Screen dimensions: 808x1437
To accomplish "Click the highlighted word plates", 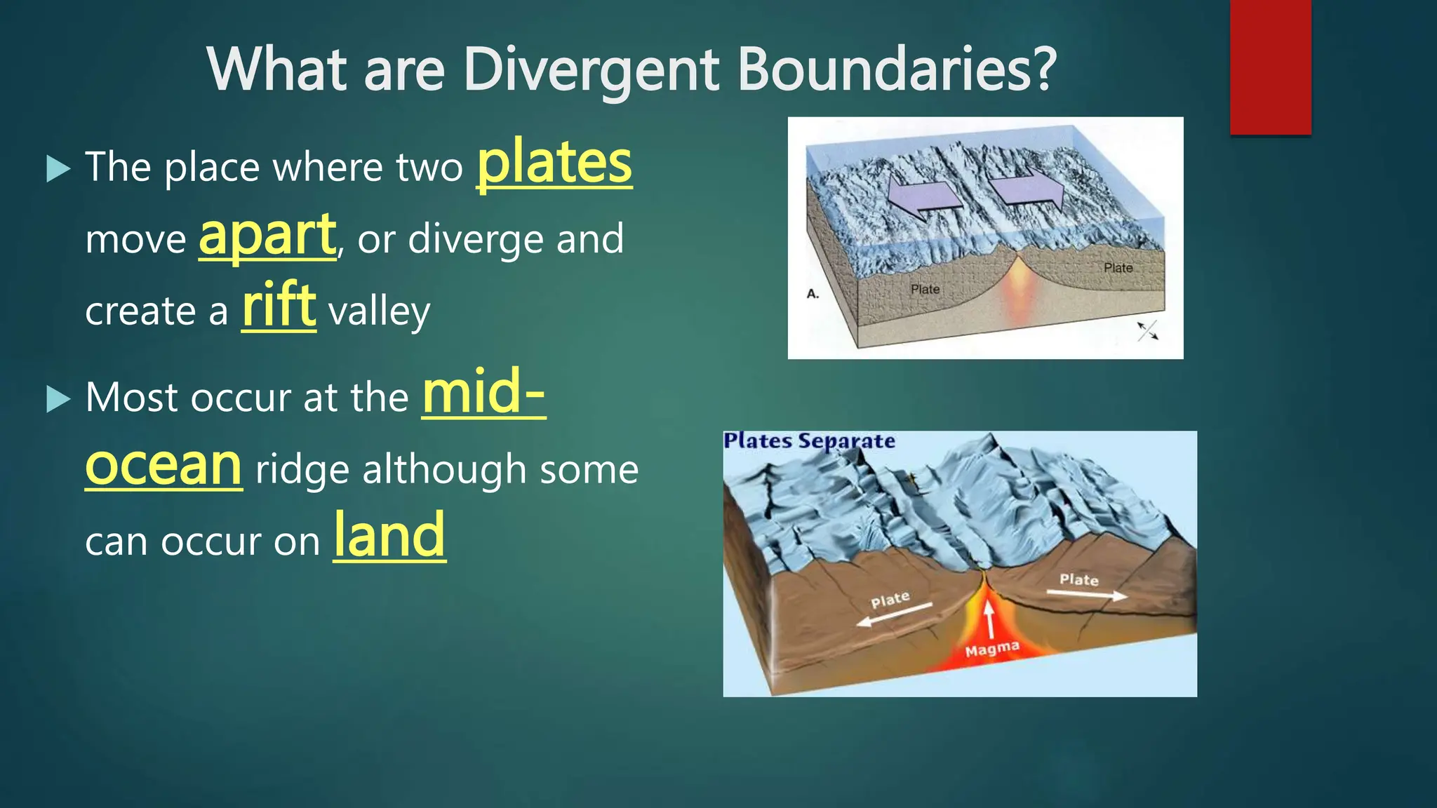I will tap(554, 164).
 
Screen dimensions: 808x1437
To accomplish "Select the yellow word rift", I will tap(279, 306).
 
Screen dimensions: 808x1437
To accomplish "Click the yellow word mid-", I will tap(483, 393).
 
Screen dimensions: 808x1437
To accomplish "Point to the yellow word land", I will tap(389, 536).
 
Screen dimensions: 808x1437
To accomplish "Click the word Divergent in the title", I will tap(591, 69).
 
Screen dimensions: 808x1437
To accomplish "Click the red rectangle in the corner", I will tap(1270, 67).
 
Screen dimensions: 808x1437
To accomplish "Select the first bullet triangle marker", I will tap(58, 168).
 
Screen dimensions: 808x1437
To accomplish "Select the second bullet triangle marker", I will tap(58, 399).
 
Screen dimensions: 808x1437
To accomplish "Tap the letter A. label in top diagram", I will tap(813, 294).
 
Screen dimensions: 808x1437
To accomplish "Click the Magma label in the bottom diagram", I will tap(991, 649).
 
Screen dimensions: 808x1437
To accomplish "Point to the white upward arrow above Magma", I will tap(989, 618).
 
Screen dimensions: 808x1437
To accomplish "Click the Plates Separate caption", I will tap(809, 441).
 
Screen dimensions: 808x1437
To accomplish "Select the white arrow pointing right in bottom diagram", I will tap(1087, 595).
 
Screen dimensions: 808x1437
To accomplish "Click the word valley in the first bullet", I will tap(379, 312).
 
